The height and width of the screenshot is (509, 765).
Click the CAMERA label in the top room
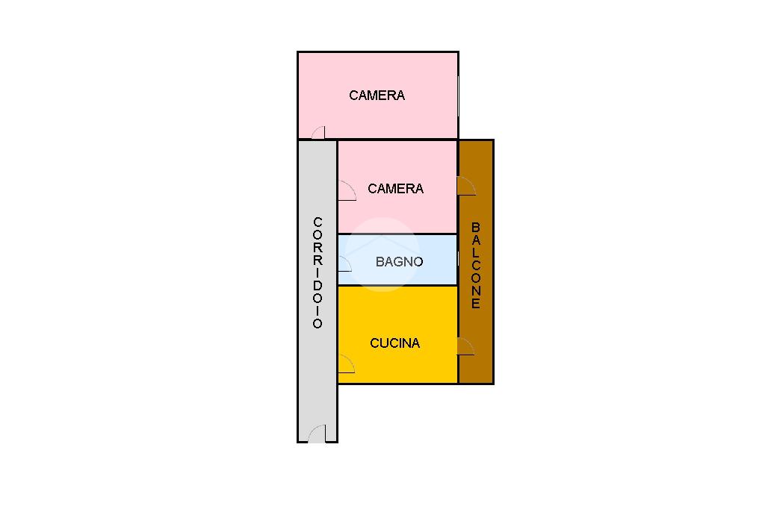tap(377, 96)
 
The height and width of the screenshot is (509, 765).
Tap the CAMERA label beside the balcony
tap(395, 189)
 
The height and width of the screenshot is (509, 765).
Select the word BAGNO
tap(399, 262)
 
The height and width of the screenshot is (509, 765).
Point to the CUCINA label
tap(394, 343)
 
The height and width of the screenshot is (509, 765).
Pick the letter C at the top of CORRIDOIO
tap(318, 222)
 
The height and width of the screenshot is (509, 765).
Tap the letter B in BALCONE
tap(476, 227)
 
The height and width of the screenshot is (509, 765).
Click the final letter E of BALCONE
tap(476, 304)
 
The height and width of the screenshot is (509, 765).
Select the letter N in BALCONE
tap(476, 291)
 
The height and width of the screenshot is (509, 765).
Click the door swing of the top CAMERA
tap(318, 133)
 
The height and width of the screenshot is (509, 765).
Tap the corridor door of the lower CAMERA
tap(346, 191)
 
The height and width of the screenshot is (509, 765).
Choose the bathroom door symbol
tap(344, 263)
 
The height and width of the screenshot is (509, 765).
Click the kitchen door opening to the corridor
tap(345, 363)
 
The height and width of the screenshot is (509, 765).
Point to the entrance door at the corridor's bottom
tap(317, 434)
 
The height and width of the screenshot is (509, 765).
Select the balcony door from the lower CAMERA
tap(466, 186)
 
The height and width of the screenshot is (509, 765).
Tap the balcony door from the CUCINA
tap(466, 346)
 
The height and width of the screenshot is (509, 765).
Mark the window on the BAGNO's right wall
tap(457, 259)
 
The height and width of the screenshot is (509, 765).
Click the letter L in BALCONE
tap(476, 253)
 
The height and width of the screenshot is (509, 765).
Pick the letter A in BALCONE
tap(476, 240)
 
